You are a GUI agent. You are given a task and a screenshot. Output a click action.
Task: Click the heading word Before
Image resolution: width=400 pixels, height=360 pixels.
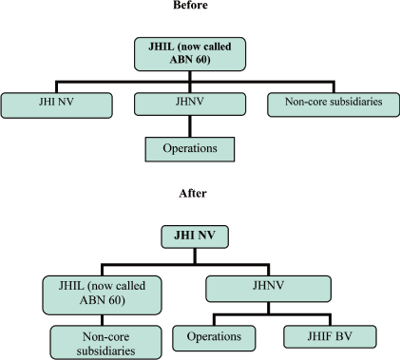coord(200,5)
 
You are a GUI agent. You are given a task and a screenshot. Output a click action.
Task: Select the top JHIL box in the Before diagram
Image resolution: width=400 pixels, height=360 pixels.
coord(200,54)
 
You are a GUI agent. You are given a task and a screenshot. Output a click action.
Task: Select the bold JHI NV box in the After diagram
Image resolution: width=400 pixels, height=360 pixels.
coord(200,233)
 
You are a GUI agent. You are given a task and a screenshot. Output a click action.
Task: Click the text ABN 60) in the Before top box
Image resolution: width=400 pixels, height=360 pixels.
coord(200,62)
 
